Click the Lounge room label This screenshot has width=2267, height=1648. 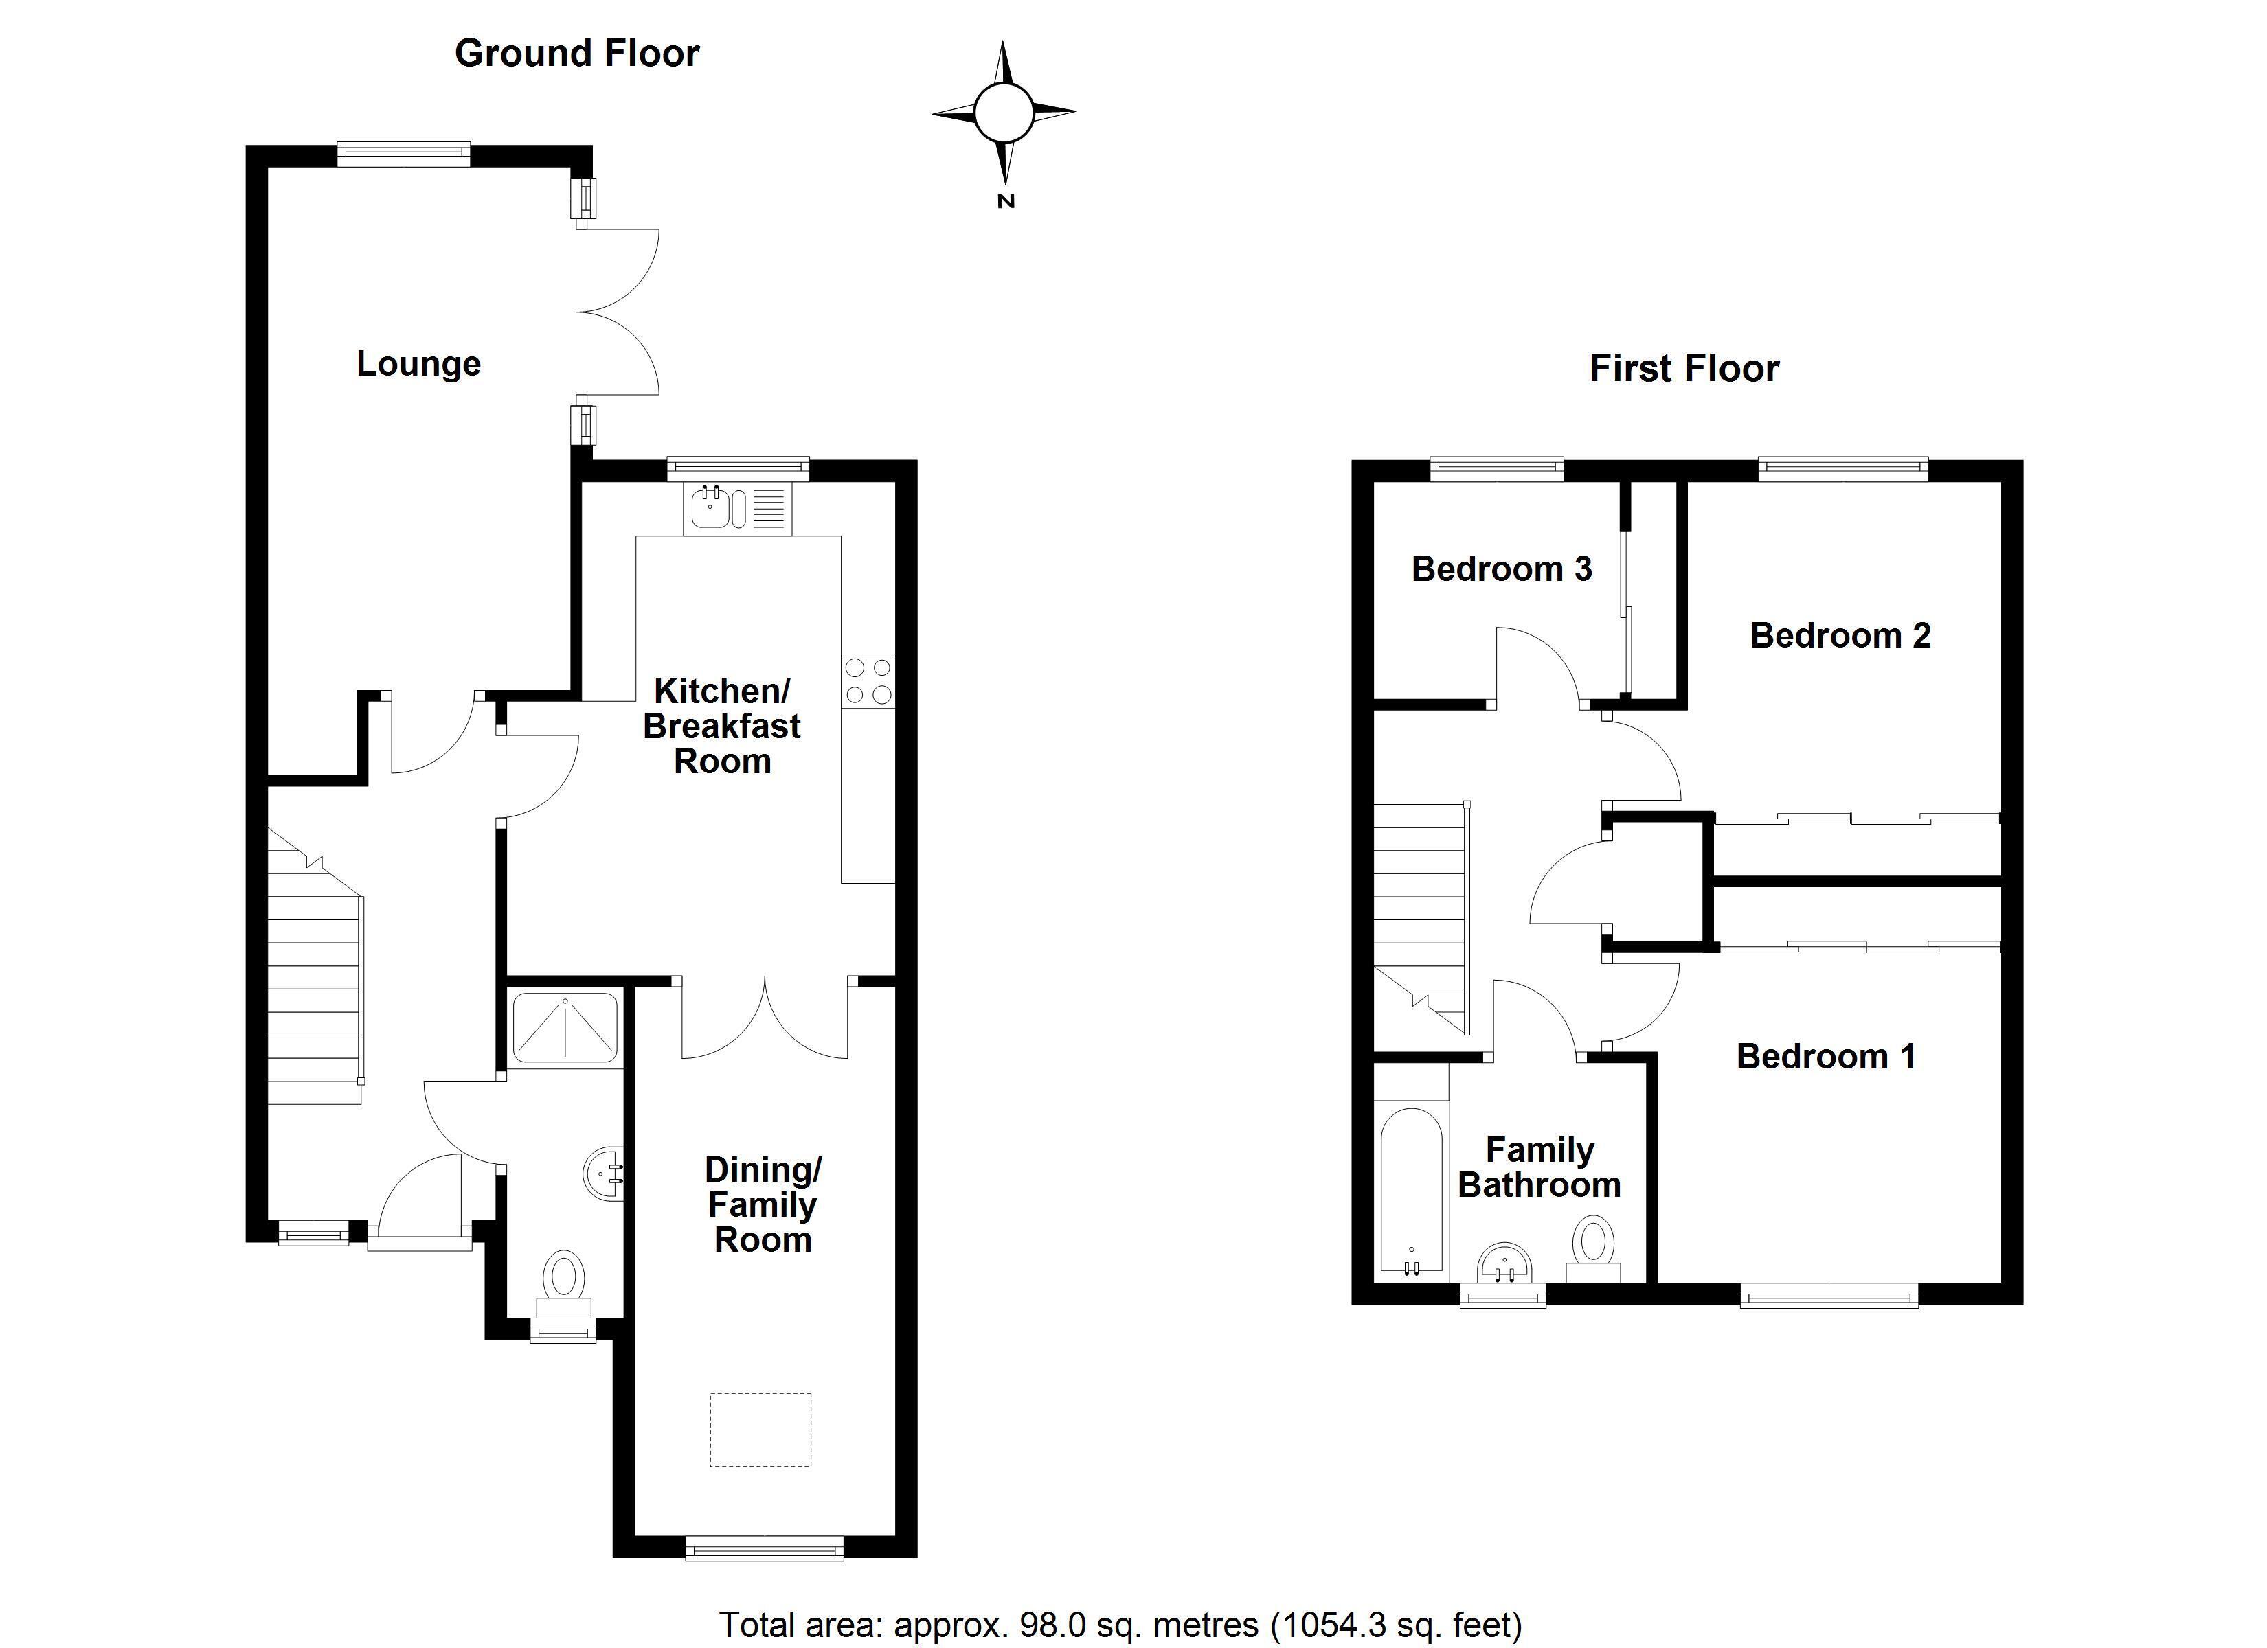[x=419, y=365]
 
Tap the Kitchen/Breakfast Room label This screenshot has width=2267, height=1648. [x=722, y=726]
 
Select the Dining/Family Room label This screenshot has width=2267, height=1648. [x=763, y=1204]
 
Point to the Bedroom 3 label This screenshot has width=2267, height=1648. [x=1501, y=569]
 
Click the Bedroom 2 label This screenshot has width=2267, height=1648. [x=1840, y=636]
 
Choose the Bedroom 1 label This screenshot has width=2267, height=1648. [x=1826, y=1056]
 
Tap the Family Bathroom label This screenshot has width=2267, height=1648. [x=1539, y=1167]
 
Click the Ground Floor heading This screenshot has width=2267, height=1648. [x=577, y=53]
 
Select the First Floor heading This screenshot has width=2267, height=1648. [x=1684, y=369]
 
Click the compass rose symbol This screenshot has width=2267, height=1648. [x=1004, y=113]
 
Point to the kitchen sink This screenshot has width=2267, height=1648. [x=738, y=507]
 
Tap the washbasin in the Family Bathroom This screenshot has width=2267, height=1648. [x=1504, y=1262]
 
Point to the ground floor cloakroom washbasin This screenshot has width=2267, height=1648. [x=604, y=1172]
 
